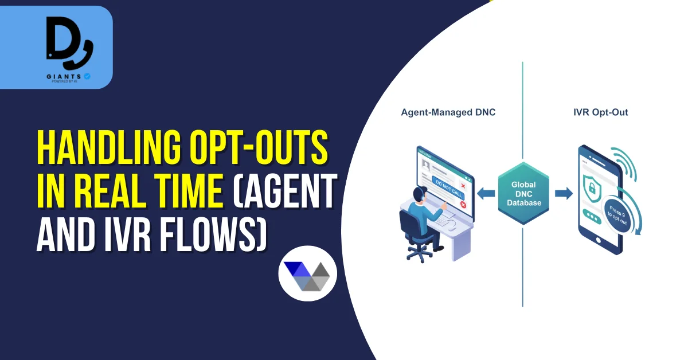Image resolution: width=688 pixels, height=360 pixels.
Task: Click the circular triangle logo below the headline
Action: click(308, 274)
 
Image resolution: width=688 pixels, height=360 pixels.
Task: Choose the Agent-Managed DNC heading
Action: click(448, 112)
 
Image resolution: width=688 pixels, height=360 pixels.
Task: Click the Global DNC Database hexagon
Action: click(523, 193)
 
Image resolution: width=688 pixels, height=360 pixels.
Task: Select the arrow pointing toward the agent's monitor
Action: click(487, 194)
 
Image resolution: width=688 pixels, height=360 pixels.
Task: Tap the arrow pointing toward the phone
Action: click(564, 194)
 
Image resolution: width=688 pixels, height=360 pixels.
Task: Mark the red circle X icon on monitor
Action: click(463, 205)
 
